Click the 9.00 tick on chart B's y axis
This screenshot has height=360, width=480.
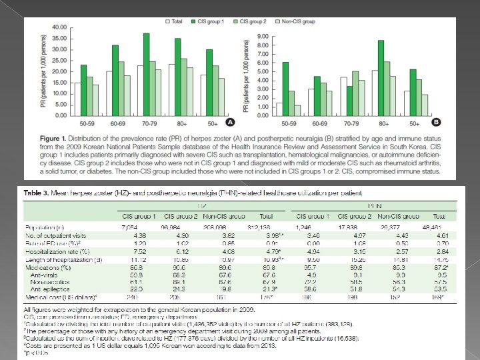click(x=263, y=35)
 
